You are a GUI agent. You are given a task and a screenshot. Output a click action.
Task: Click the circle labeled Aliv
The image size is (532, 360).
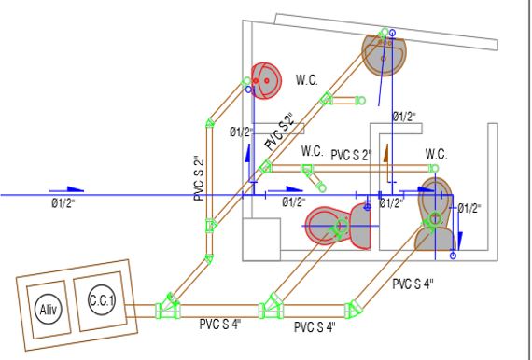(x=49, y=309)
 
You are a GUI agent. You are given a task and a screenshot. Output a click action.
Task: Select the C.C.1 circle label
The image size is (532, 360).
(x=102, y=300)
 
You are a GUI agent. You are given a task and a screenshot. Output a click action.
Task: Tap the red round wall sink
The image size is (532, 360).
(x=266, y=81)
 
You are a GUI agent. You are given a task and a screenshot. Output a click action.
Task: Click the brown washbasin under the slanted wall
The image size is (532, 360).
(x=384, y=54)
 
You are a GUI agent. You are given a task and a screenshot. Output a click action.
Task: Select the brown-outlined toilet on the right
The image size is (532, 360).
(x=435, y=215)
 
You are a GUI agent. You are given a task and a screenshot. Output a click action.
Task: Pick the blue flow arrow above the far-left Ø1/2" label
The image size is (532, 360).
(x=67, y=189)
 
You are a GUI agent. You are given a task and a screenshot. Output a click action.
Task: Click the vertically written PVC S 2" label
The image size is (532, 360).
(x=199, y=177)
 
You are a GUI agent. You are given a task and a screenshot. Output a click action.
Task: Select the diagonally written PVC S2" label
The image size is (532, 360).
(x=280, y=132)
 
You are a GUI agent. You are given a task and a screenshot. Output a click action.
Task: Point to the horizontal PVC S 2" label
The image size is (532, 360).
(x=351, y=155)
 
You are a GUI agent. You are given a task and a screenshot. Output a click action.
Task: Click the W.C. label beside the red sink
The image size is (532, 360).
(x=307, y=80)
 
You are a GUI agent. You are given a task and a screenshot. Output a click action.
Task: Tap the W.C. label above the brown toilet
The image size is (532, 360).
(x=436, y=154)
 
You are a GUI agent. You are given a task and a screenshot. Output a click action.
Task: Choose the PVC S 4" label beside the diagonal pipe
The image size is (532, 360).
(x=413, y=284)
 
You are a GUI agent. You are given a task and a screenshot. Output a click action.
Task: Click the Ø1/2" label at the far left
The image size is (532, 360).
(x=63, y=203)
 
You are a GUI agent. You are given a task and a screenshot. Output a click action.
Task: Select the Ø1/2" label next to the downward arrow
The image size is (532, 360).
(x=469, y=208)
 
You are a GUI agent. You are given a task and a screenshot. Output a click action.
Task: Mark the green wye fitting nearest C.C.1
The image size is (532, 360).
(x=168, y=307)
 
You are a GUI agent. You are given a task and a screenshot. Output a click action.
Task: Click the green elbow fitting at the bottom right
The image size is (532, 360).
(x=353, y=309)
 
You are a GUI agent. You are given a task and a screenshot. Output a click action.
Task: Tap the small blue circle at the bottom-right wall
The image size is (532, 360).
(x=453, y=256)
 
